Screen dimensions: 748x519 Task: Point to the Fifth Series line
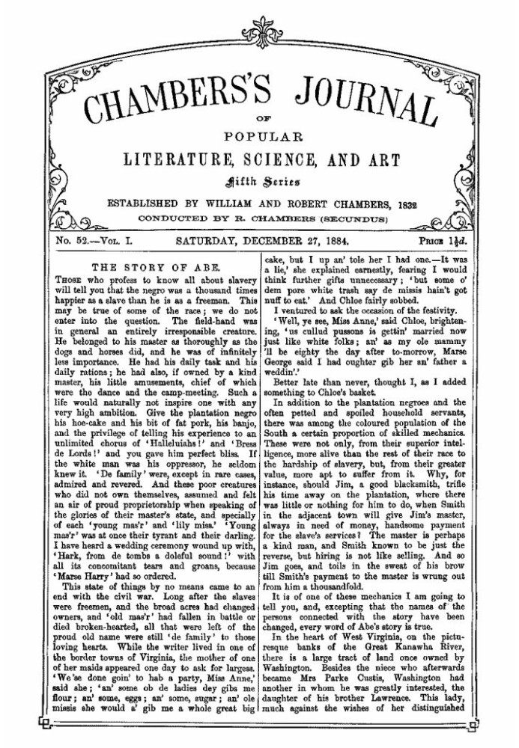[258, 180]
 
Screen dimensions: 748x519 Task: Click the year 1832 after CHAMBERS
[402, 203]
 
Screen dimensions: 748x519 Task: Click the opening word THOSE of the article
[68, 279]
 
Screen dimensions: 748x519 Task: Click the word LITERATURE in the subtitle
[178, 159]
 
